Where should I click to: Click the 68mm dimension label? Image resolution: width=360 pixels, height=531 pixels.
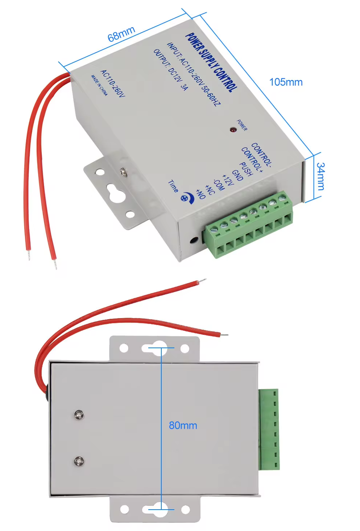[x=121, y=34]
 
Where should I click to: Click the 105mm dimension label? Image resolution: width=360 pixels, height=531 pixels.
[x=286, y=82]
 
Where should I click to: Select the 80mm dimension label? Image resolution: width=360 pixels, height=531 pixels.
[x=183, y=425]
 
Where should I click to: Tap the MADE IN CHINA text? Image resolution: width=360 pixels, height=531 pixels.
[x=99, y=85]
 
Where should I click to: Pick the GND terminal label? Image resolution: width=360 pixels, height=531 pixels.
[x=237, y=175]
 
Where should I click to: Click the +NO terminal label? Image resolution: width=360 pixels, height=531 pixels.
[x=200, y=194]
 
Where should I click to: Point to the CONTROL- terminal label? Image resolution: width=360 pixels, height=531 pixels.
[x=261, y=155]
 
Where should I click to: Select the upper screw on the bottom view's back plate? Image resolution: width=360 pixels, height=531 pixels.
[x=79, y=414]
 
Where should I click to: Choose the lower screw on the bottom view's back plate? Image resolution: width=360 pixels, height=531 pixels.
[x=79, y=461]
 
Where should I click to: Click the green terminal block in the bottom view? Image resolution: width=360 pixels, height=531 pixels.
[x=269, y=429]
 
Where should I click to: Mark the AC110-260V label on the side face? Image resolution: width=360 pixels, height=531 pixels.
[x=112, y=83]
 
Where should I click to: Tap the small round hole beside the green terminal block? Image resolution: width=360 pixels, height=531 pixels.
[x=194, y=240]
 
